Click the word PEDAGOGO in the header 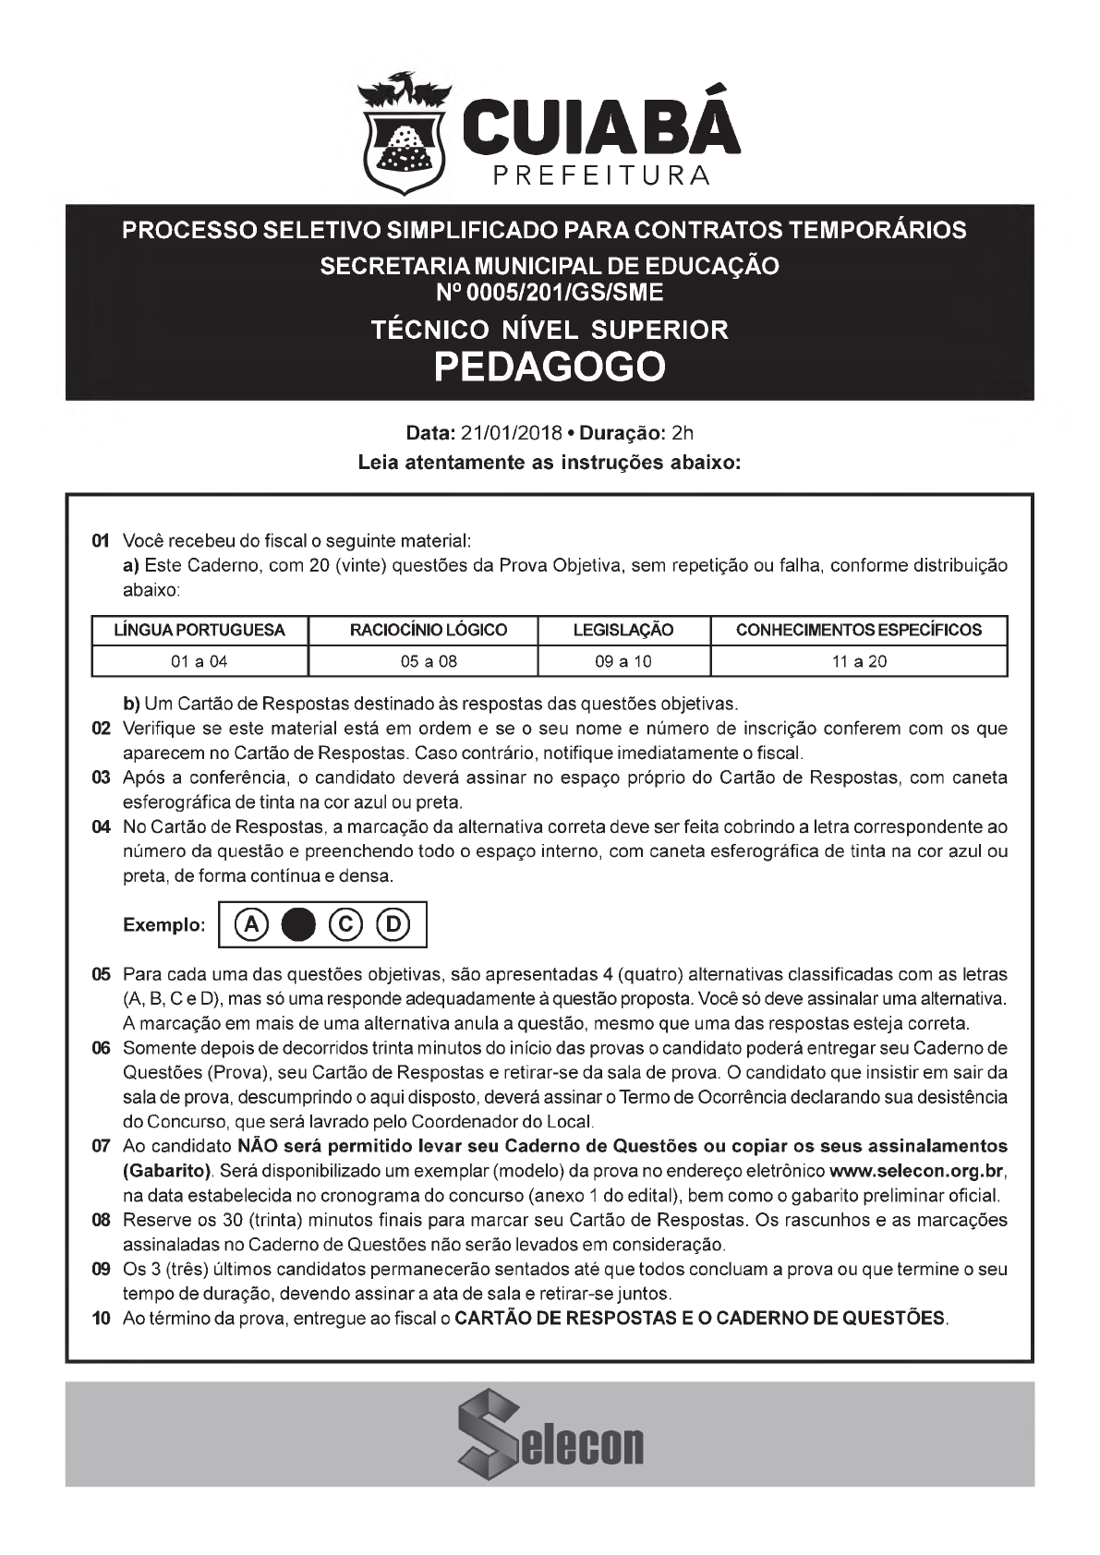[x=550, y=367]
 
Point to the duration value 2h [x=683, y=432]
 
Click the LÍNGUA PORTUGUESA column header [x=199, y=631]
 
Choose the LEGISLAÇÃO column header [x=623, y=631]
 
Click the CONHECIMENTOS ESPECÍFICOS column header [x=858, y=631]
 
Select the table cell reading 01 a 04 [x=199, y=661]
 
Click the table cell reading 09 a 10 [x=623, y=661]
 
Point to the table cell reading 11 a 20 [x=858, y=661]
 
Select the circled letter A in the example [x=249, y=924]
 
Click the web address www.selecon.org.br [x=916, y=1172]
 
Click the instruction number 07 [x=102, y=1147]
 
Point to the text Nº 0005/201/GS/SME [x=550, y=293]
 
